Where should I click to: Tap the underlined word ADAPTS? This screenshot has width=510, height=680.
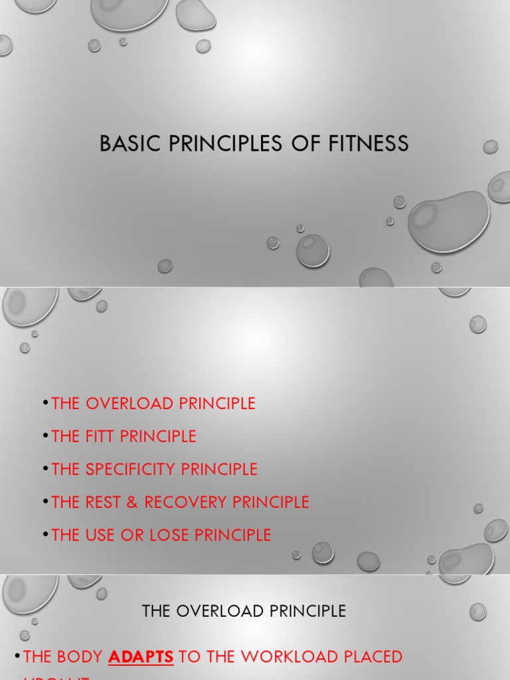click(x=141, y=657)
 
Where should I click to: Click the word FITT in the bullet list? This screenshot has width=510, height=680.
click(x=100, y=436)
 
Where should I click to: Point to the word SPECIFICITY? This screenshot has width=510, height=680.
click(x=130, y=469)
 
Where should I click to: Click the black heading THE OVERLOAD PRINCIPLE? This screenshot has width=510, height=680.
click(x=244, y=611)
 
